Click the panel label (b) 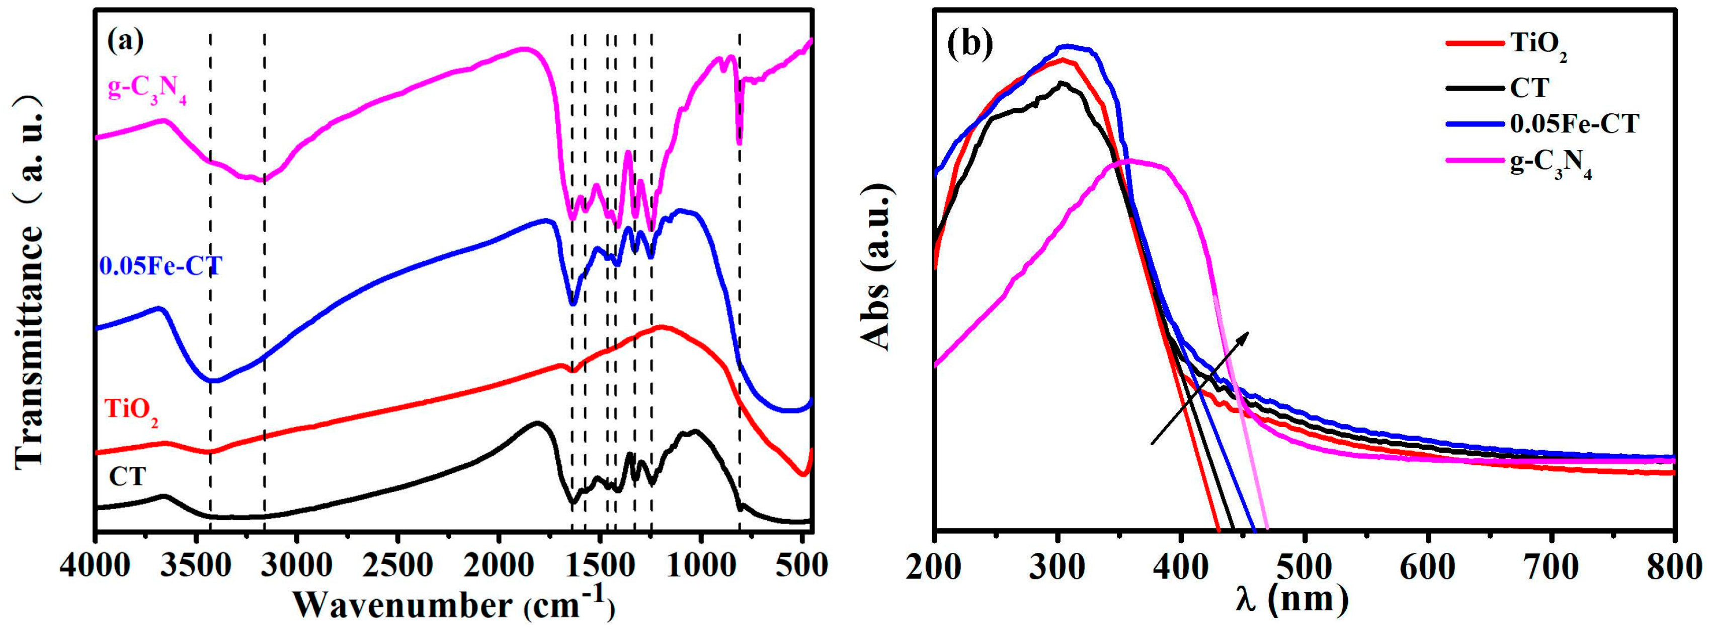[970, 42]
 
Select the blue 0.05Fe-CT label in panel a [160, 266]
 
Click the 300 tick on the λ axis [1057, 567]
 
